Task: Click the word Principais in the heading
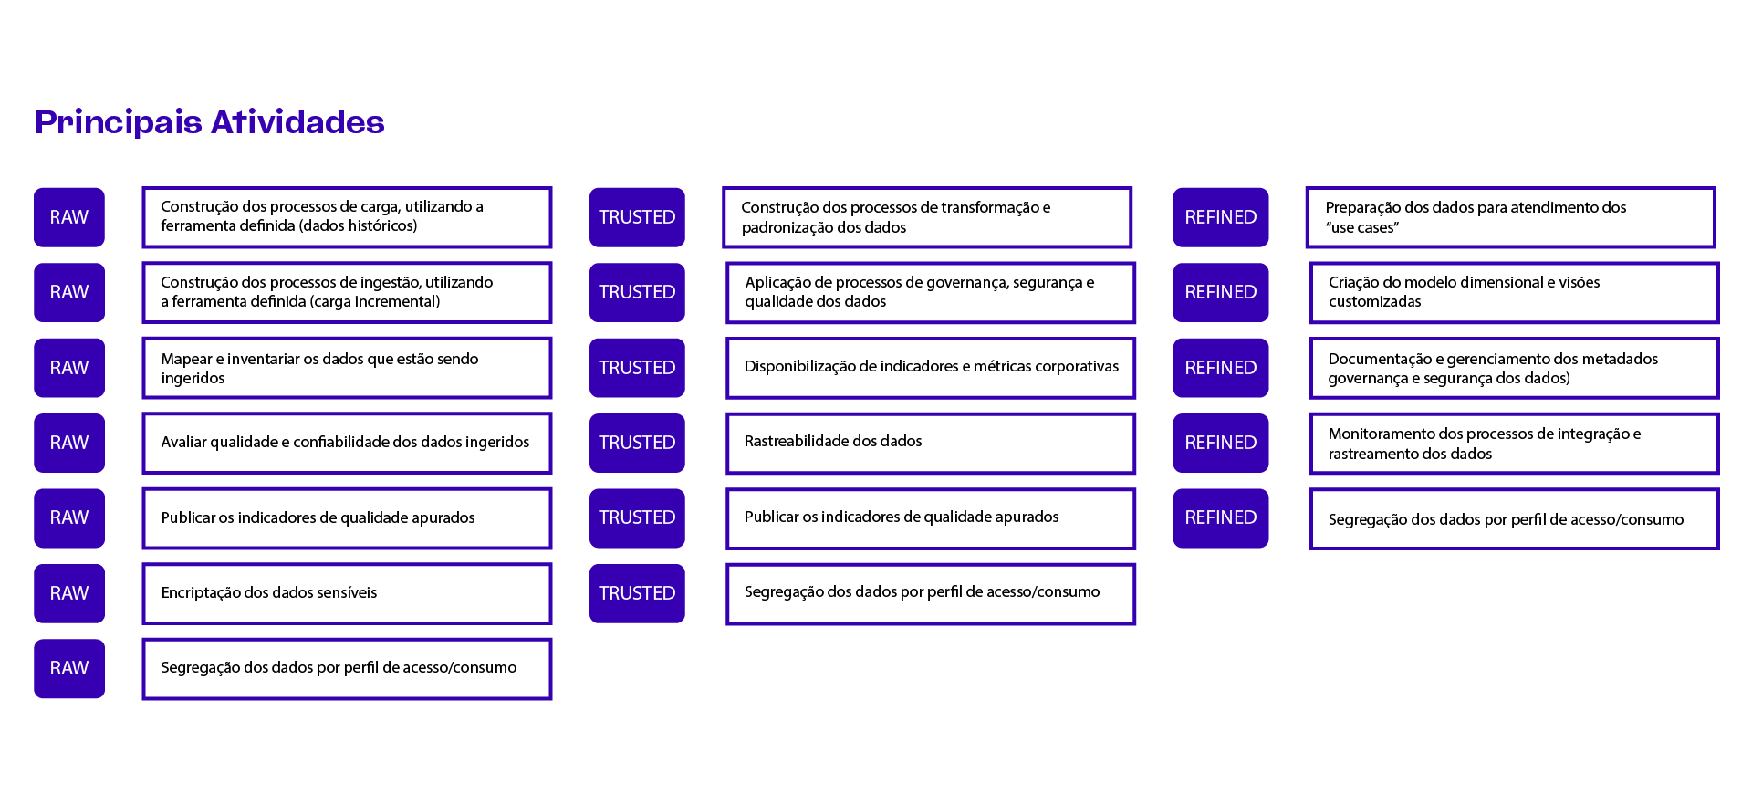pos(119,122)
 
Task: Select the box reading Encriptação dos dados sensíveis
pos(347,594)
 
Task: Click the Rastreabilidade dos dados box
pos(931,444)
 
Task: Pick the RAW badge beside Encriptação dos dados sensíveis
pos(69,593)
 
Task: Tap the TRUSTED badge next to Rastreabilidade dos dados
pos(637,443)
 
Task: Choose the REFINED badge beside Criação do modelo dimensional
pos(1221,292)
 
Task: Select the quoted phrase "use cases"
pos(1362,228)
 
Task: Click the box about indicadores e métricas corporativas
pos(931,368)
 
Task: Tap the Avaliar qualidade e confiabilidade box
pos(347,444)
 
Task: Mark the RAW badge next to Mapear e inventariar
pos(69,368)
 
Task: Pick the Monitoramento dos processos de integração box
pos(1515,444)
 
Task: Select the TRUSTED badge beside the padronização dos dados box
pos(637,217)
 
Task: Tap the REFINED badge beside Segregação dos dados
pos(1221,518)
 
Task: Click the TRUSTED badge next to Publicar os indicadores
pos(637,518)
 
